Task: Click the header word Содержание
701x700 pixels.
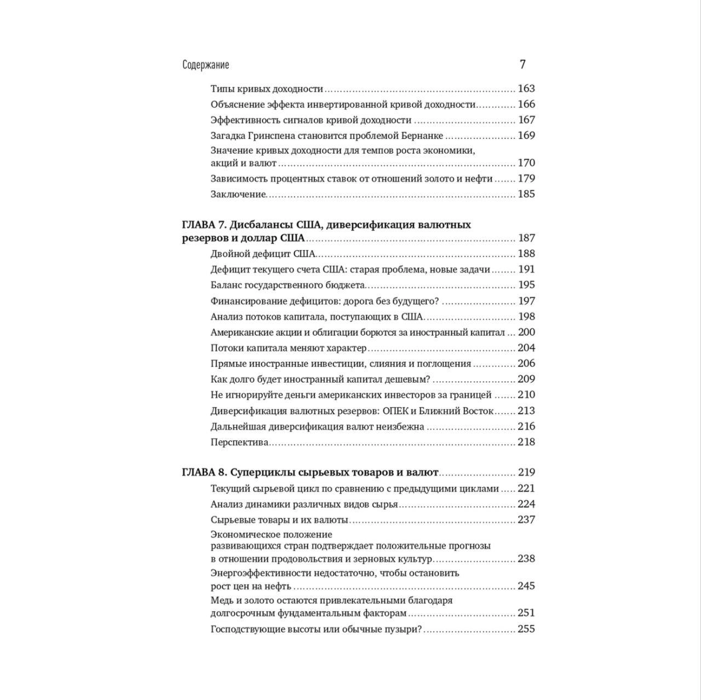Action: tap(205, 65)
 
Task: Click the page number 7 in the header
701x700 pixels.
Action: tap(522, 65)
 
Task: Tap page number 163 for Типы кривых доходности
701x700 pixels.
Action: tap(526, 89)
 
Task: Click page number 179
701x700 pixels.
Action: tap(526, 178)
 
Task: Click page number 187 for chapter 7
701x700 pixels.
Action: tap(526, 238)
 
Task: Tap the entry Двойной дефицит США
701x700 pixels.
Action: tap(263, 254)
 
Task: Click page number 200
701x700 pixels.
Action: tap(526, 332)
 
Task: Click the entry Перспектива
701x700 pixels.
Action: tap(239, 442)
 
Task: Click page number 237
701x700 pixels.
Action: tap(526, 520)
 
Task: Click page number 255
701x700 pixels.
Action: tap(526, 629)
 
